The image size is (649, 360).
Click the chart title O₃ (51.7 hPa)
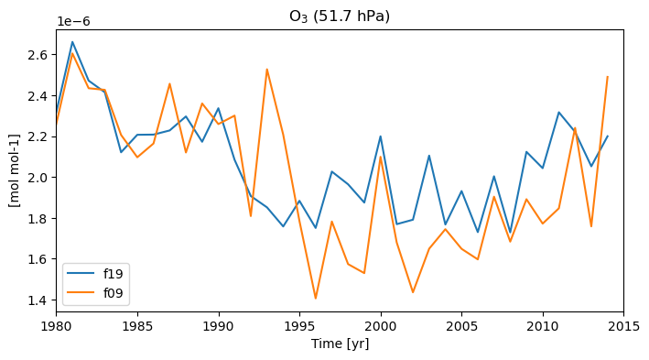(x=340, y=16)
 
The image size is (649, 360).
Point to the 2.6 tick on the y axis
(x=39, y=55)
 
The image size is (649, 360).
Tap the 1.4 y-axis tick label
(x=39, y=300)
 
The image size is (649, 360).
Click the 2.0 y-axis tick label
(x=39, y=178)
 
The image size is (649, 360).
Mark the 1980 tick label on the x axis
(x=56, y=326)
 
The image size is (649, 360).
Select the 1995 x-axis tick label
(x=299, y=326)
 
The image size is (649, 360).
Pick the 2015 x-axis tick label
(x=623, y=326)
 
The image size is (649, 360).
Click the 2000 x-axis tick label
(x=381, y=326)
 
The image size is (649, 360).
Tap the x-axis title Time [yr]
(x=340, y=344)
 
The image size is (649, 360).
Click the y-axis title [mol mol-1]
(x=15, y=170)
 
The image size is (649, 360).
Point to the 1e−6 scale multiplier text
(x=73, y=22)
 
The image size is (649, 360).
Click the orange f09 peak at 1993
(x=267, y=70)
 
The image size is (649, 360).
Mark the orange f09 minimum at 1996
(x=316, y=299)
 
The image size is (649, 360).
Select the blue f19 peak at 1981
(x=72, y=42)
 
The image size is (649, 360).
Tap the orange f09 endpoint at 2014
(x=607, y=77)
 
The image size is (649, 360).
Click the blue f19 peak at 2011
(x=558, y=112)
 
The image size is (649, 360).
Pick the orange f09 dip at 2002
(x=413, y=292)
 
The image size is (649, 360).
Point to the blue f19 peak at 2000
(x=381, y=136)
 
